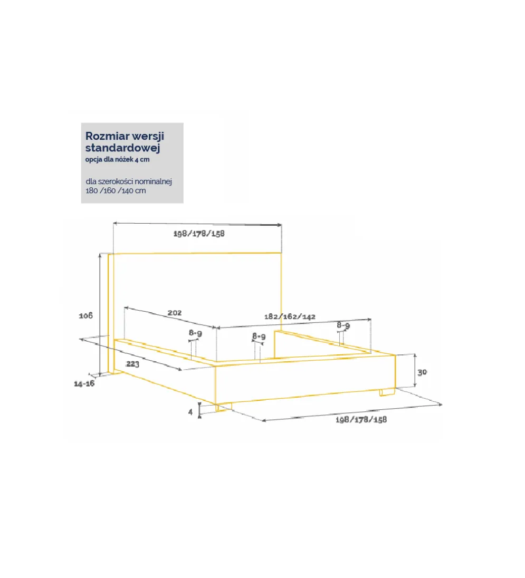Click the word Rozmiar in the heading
[x=107, y=136]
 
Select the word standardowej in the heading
[x=123, y=148]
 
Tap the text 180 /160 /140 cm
[x=116, y=191]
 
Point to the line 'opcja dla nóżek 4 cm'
[x=118, y=160]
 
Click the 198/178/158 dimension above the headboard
[x=199, y=234]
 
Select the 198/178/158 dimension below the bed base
[x=361, y=419]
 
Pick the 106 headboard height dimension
[x=86, y=315]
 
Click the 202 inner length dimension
[x=175, y=313]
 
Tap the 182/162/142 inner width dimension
[x=290, y=316]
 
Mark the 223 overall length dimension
[x=133, y=364]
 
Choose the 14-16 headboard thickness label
[x=84, y=384]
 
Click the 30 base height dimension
[x=422, y=372]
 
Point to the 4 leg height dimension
[x=190, y=412]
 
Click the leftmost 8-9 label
[x=195, y=333]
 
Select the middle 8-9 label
[x=259, y=336]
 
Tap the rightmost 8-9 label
[x=343, y=325]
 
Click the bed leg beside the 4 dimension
[x=223, y=407]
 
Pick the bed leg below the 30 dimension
[x=387, y=392]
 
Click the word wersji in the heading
[x=148, y=137]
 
